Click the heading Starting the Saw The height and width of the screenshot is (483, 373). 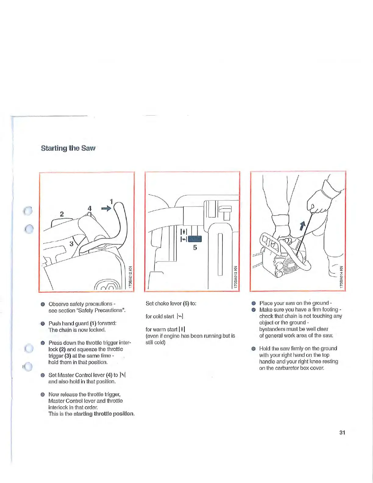[68, 148]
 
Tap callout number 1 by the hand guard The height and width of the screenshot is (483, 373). [112, 202]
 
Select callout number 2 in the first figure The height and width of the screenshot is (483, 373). [62, 214]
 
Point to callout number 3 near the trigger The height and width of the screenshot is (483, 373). [71, 244]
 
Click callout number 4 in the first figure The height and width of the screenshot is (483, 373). [90, 208]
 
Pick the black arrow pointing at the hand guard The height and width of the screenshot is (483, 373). [106, 209]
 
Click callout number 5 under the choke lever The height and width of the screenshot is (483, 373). [195, 248]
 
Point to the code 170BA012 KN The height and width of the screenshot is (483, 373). [130, 277]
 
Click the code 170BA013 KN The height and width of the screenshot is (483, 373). [236, 277]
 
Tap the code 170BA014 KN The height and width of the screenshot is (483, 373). [341, 277]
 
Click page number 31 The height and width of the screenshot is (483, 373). [342, 432]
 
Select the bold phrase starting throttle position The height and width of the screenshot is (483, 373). [104, 414]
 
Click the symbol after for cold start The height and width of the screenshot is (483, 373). [180, 317]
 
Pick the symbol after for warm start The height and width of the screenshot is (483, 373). [182, 329]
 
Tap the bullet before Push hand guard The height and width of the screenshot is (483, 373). [43, 324]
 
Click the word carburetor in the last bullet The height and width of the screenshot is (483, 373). [282, 368]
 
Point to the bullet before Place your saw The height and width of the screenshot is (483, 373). [253, 303]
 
